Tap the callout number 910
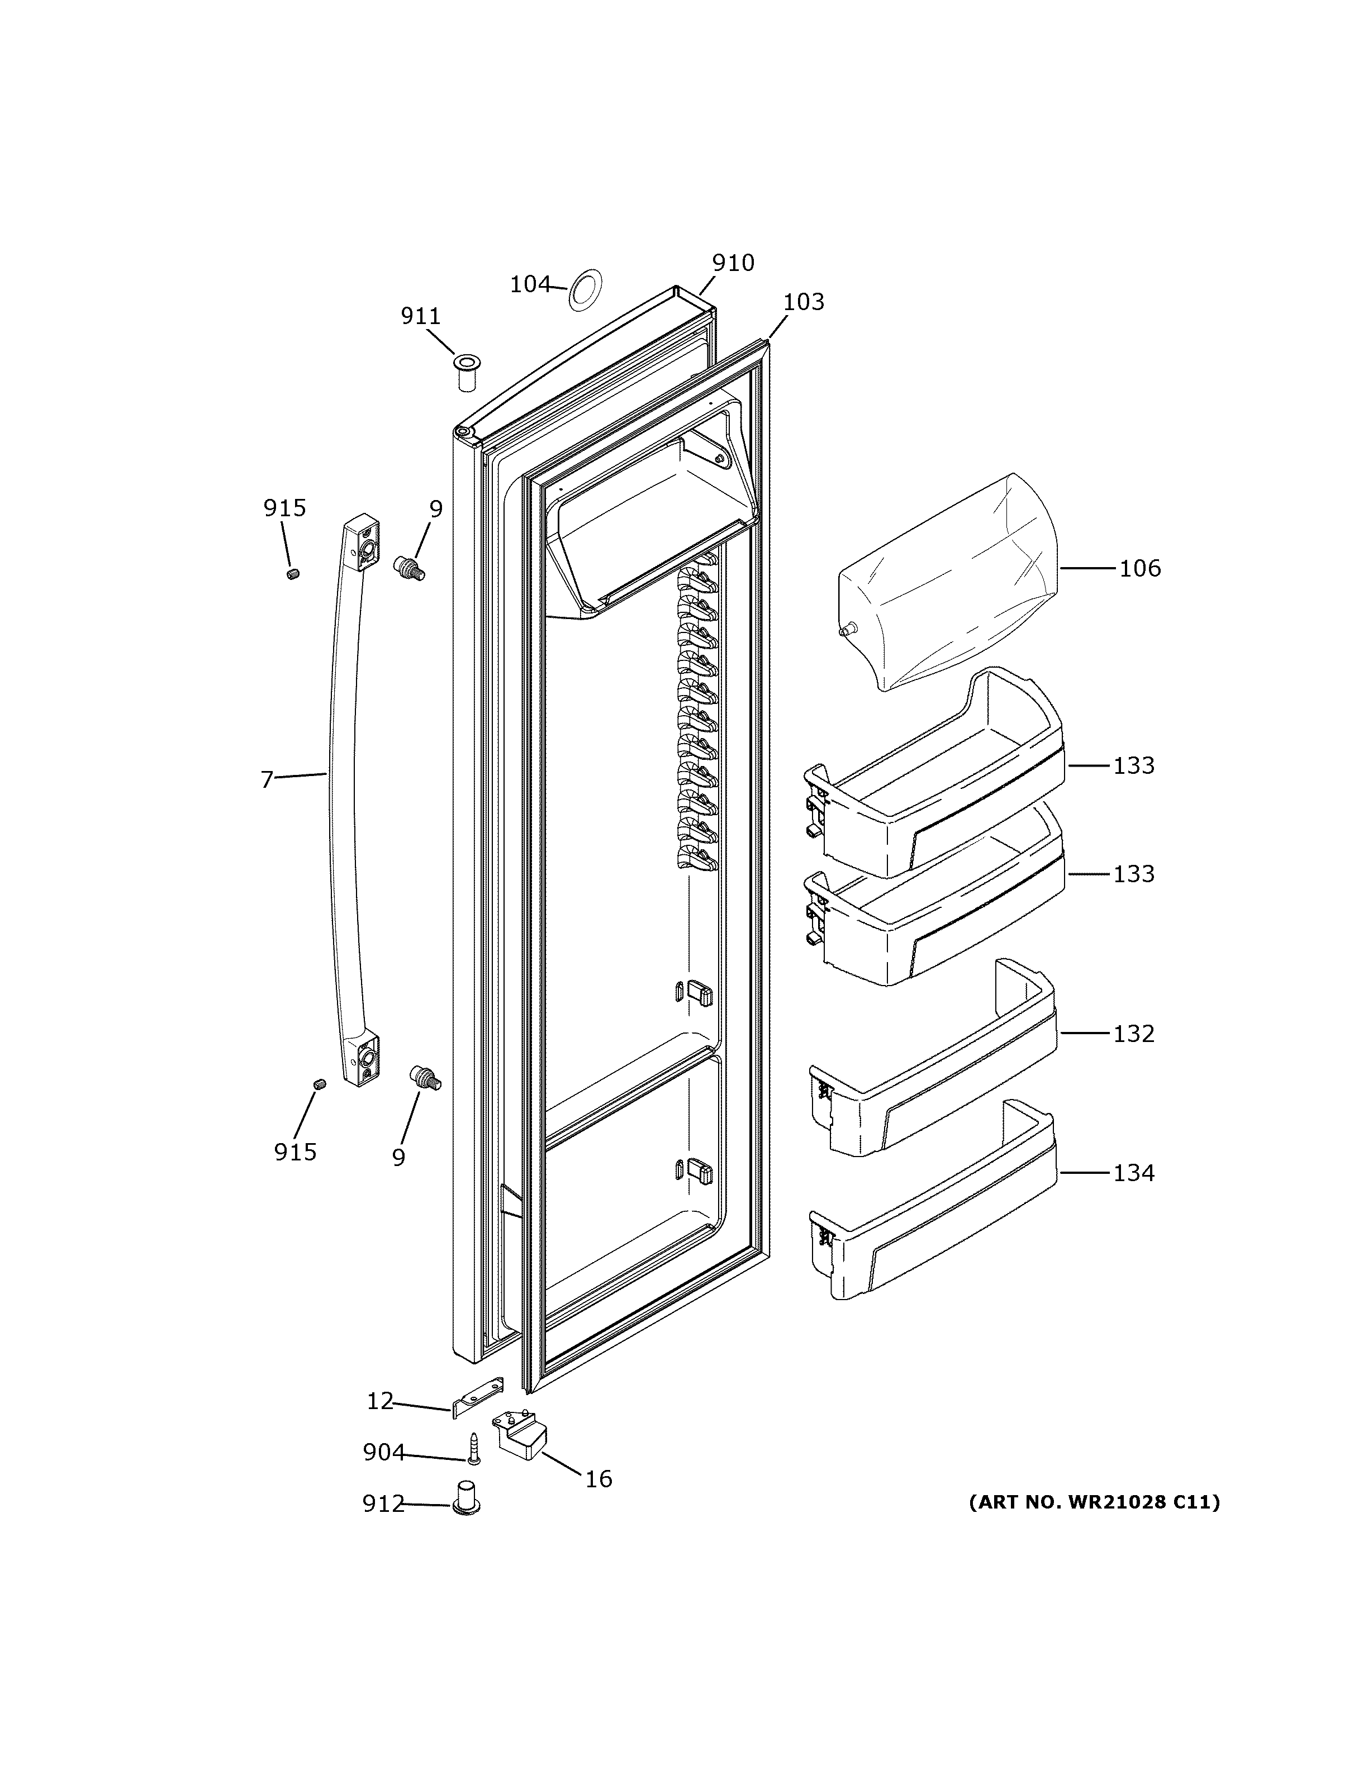pos(733,263)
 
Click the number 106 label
pos(1139,569)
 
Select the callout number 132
pos(1133,1034)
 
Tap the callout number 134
pos(1133,1173)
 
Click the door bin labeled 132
pos(932,1078)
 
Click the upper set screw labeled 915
pos(293,574)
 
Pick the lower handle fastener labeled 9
pos(424,1077)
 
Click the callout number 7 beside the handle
pos(267,779)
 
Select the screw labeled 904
pos(474,1448)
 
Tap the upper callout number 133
pos(1133,766)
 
